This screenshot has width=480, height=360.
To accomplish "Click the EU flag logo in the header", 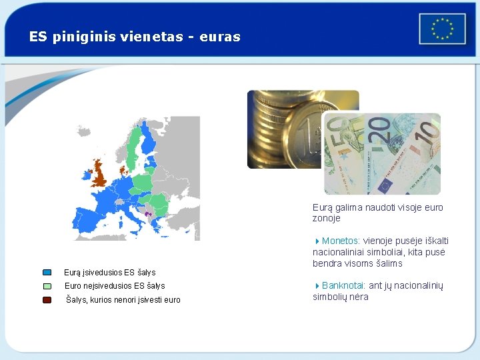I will (x=442, y=29).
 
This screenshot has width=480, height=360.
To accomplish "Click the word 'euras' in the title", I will (x=221, y=37).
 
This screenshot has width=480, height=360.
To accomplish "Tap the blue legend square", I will (x=47, y=272).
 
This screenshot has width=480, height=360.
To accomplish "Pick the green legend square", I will (x=47, y=285).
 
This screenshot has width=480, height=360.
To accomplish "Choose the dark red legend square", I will (x=47, y=300).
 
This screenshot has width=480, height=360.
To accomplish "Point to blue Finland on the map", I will (x=148, y=141).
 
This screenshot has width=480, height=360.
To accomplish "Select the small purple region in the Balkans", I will (x=148, y=214).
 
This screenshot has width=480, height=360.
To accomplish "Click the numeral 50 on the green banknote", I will (x=337, y=130).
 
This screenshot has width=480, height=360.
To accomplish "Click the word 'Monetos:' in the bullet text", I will (x=341, y=241).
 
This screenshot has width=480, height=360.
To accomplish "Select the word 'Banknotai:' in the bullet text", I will (x=343, y=285).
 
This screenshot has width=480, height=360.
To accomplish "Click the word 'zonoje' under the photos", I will (x=326, y=218).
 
